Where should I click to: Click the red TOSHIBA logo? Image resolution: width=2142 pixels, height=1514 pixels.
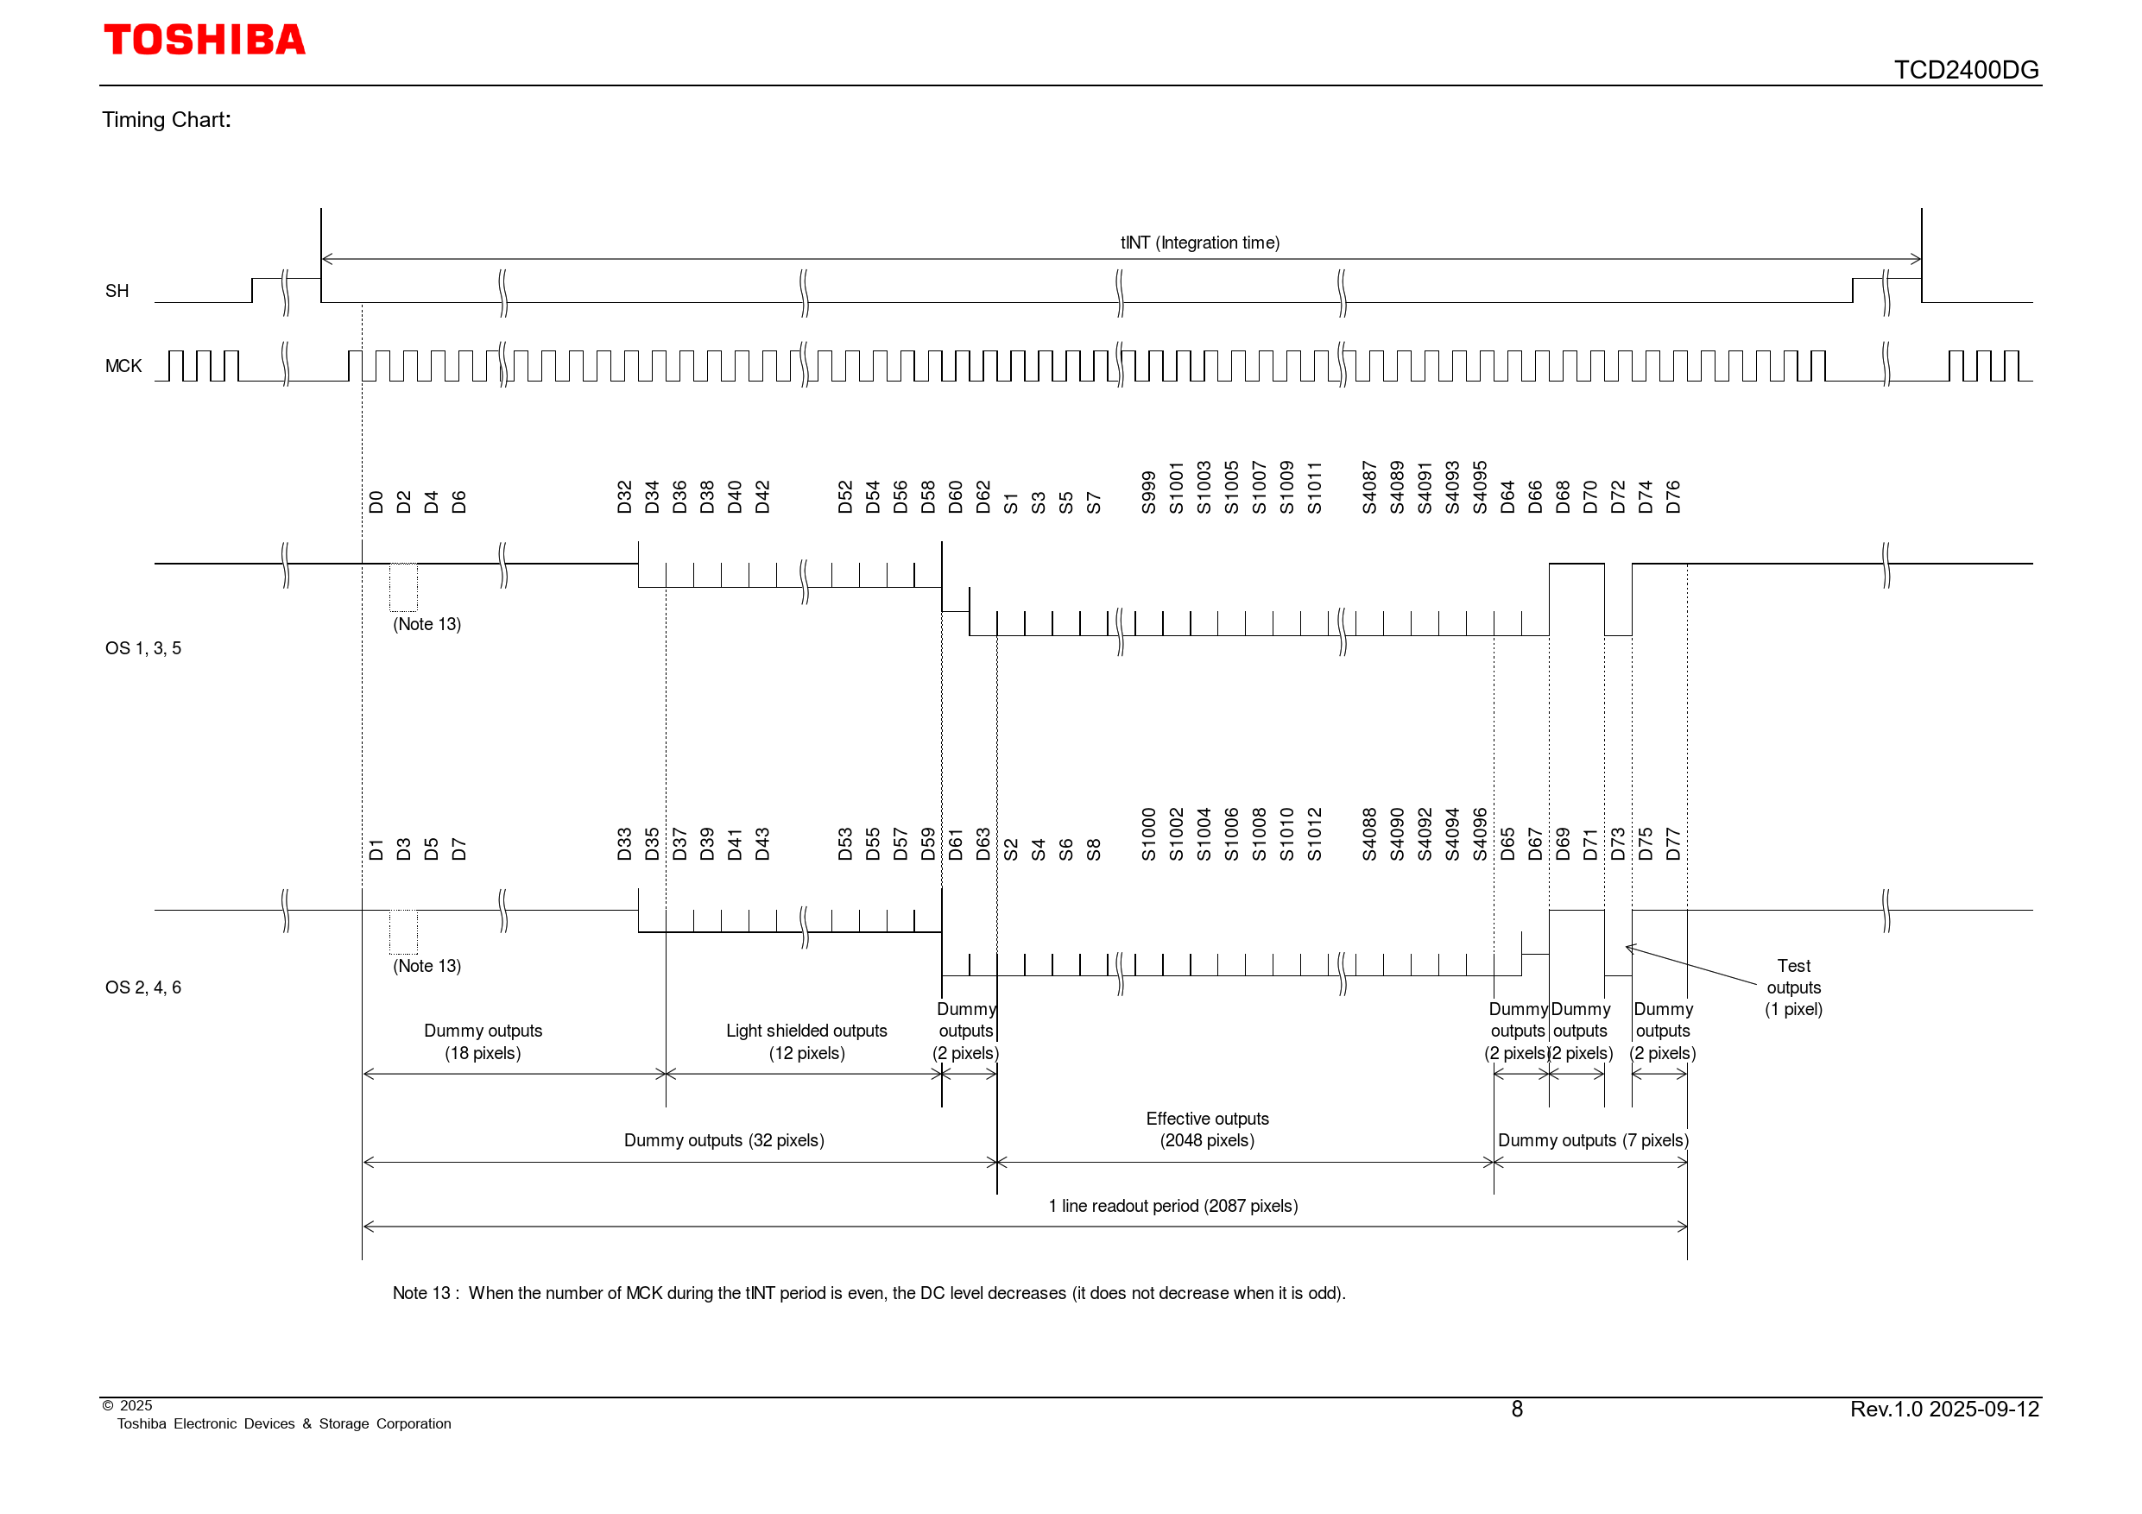tap(205, 40)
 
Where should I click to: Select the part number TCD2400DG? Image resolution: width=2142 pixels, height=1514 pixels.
tap(1966, 70)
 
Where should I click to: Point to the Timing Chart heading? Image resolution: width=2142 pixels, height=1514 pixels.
tap(166, 119)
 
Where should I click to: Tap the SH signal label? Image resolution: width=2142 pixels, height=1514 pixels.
tap(117, 291)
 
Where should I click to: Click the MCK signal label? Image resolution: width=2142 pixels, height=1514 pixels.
tap(123, 366)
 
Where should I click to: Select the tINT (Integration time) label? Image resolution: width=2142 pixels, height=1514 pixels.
tap(1200, 243)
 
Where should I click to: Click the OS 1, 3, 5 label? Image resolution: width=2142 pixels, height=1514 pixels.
tap(142, 648)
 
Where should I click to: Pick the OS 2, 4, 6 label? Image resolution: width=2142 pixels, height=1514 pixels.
tap(142, 987)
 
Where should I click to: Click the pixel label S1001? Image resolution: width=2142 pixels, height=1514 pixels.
tap(1177, 488)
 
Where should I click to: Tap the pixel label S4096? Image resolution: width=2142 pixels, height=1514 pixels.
tap(1480, 834)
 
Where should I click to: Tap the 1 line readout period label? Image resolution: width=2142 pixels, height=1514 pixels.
tap(1172, 1206)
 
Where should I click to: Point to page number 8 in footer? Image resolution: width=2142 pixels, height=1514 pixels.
tap(1517, 1409)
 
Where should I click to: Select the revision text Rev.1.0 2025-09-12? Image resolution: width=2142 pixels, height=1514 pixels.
tap(1945, 1409)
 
